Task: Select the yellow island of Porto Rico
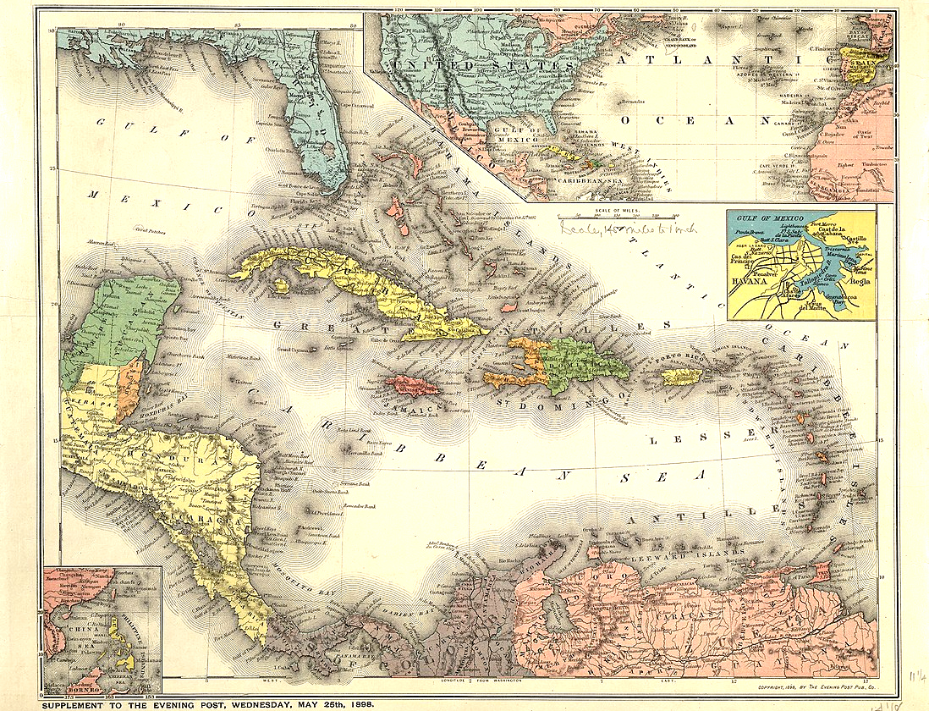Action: [681, 376]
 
